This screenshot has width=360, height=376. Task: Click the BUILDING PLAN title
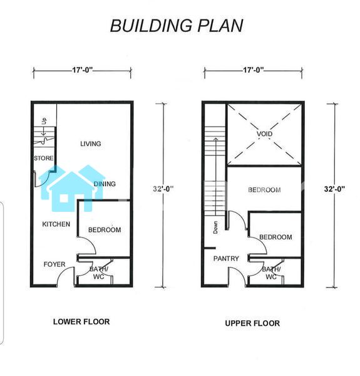(177, 26)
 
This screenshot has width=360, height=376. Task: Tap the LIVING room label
(91, 144)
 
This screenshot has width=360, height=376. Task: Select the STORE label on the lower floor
(44, 159)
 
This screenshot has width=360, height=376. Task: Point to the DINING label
(105, 184)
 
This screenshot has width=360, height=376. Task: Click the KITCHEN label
(56, 224)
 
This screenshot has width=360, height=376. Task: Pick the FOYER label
(54, 264)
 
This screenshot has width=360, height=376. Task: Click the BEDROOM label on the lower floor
(105, 230)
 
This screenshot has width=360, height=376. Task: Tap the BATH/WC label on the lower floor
(99, 273)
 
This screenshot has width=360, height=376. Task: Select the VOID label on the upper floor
(264, 133)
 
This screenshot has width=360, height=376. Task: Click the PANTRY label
(226, 258)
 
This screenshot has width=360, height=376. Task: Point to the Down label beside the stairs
(215, 227)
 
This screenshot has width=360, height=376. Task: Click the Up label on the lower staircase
(44, 121)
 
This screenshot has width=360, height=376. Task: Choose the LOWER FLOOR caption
(81, 321)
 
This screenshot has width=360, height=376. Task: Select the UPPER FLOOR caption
(252, 323)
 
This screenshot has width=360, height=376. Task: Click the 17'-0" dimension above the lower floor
(83, 70)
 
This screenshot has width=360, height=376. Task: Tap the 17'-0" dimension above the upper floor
(254, 70)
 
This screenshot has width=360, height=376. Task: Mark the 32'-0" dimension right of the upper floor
(334, 189)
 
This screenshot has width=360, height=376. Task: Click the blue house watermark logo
(72, 189)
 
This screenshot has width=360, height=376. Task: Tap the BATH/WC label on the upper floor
(271, 273)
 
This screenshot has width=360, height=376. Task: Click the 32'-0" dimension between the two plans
(163, 189)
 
